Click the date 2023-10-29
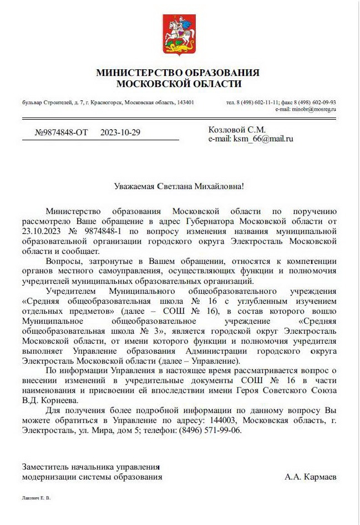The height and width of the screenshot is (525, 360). tap(121, 132)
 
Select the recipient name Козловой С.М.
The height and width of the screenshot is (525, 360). tap(237, 130)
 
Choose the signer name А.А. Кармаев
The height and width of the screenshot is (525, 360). tap(310, 476)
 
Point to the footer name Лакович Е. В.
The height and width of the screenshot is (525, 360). tap(36, 498)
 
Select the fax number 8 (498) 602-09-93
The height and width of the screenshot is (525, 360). tap(317, 103)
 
